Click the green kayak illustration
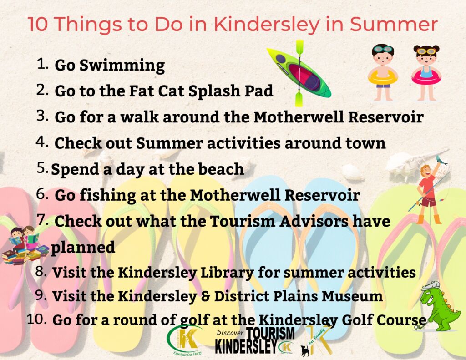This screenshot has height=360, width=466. pos(299,73)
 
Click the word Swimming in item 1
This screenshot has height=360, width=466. pos(122,66)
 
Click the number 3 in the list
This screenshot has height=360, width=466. pos(42,116)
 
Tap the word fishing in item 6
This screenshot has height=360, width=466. pos(107,196)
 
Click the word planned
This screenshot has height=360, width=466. pos(83,247)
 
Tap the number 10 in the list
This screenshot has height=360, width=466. pos(36,319)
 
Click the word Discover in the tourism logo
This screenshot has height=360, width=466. pos(230,333)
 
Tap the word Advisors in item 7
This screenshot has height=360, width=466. pos(314,221)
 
